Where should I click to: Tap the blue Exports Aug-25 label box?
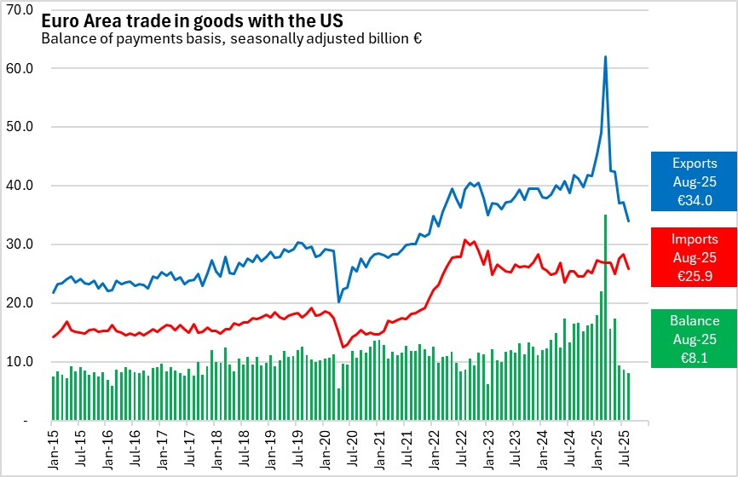pyautogui.click(x=694, y=181)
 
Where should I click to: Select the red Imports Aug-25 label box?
pyautogui.click(x=694, y=256)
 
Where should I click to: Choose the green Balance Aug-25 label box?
pyautogui.click(x=694, y=338)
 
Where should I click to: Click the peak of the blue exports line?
pyautogui.click(x=605, y=57)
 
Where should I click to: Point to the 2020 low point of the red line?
pyautogui.click(x=343, y=347)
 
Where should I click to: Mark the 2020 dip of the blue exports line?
pyautogui.click(x=339, y=302)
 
